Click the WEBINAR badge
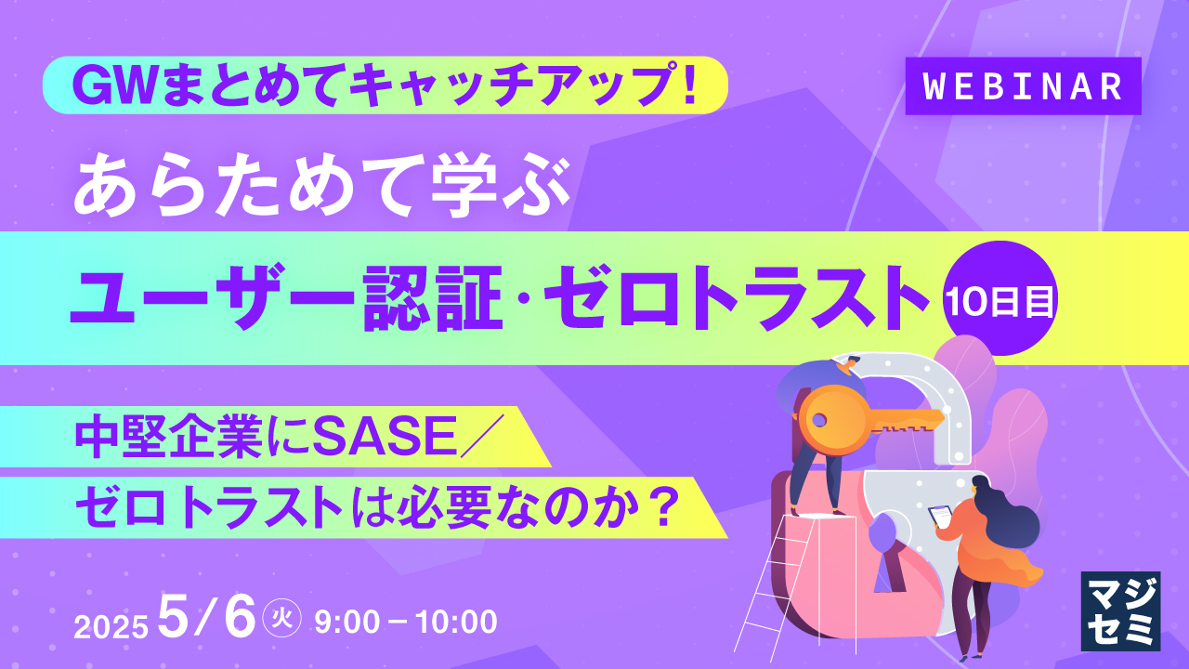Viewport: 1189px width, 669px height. (1023, 86)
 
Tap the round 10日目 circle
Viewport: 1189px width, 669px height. (1000, 298)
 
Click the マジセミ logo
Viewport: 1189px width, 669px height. (1120, 610)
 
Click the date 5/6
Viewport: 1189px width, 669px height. (206, 618)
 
